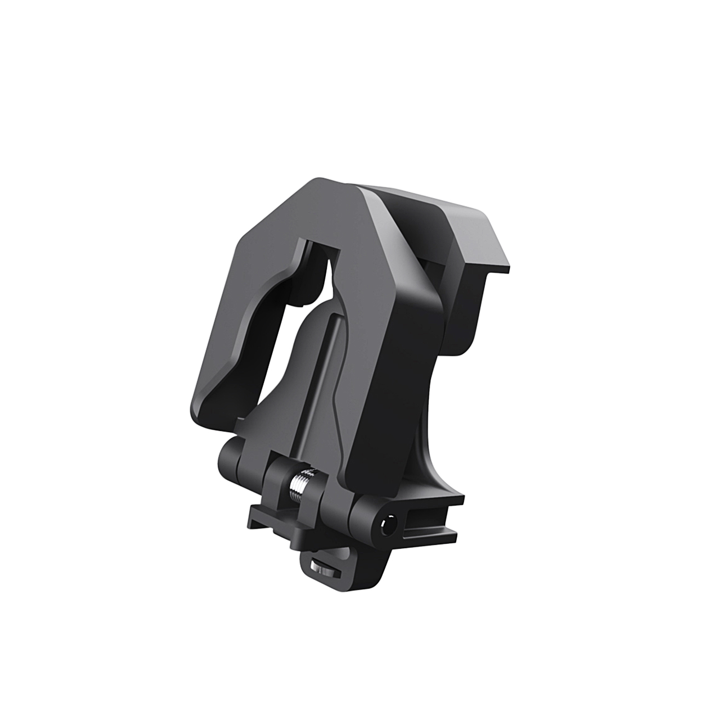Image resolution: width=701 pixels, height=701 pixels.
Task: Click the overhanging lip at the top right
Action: [482, 230]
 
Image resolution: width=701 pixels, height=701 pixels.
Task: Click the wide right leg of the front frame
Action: [378, 383]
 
